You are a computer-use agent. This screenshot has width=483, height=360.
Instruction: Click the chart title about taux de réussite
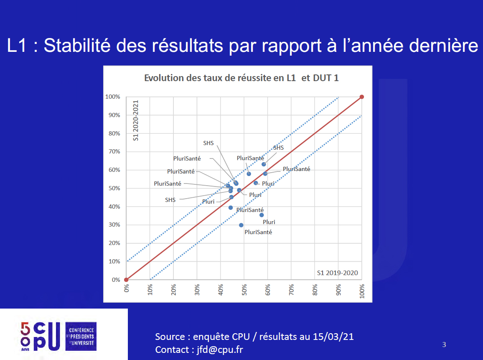coord(241,78)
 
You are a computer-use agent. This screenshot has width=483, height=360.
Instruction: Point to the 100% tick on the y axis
coord(113,97)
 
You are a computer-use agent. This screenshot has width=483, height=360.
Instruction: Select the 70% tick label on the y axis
coord(114,152)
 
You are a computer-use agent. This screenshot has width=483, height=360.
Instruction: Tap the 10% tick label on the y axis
coord(114,262)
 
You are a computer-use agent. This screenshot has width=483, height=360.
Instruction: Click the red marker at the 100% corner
coord(362,97)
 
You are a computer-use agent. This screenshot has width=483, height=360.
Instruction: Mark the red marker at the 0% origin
coord(126,280)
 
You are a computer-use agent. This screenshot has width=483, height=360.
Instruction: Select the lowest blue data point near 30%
coord(241,225)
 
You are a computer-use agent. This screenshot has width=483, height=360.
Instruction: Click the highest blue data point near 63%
coord(264,164)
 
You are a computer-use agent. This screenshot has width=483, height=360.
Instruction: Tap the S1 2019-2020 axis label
coord(337,273)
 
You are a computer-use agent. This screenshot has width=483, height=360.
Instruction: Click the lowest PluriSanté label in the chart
coord(258,232)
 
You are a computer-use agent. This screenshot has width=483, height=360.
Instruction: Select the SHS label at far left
coord(170,200)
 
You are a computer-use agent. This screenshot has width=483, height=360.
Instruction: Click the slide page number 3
coord(444,345)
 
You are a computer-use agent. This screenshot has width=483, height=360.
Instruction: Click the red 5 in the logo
coord(25,329)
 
